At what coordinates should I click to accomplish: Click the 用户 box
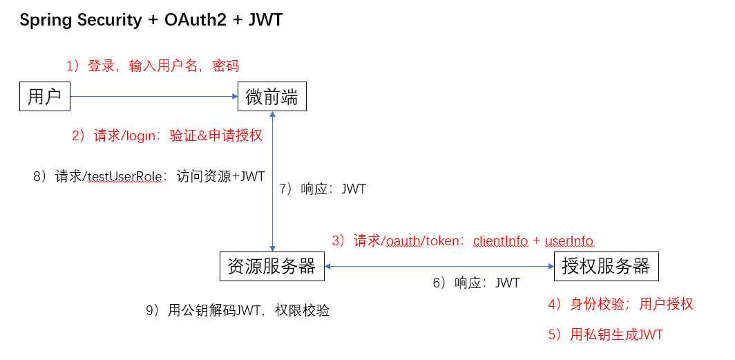[45, 96]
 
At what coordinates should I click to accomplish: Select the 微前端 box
[271, 96]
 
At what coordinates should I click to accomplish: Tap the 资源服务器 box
[271, 266]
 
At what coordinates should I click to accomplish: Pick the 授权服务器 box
[606, 266]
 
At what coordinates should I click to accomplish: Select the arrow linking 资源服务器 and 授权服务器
[439, 266]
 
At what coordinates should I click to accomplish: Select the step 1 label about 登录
[152, 66]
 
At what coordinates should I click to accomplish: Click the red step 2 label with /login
[167, 135]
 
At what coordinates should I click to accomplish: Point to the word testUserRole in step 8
[124, 177]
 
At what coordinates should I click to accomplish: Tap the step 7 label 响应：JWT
[323, 189]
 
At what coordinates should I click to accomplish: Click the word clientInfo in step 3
[500, 240]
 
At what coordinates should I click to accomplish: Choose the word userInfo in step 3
[569, 240]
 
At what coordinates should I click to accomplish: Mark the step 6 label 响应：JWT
[476, 283]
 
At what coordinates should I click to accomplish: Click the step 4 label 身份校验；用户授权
[620, 304]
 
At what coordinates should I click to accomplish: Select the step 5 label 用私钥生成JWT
[605, 335]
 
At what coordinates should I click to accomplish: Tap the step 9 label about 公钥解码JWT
[237, 311]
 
